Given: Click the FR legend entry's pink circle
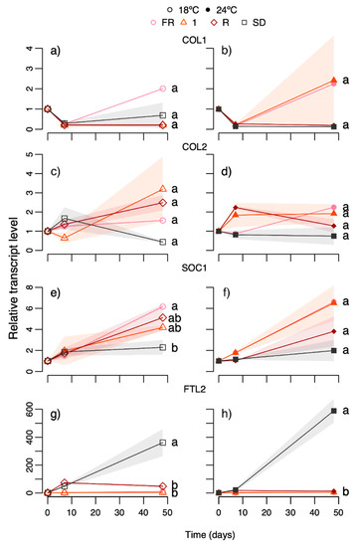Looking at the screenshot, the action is point(153,23).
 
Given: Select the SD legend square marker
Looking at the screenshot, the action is point(246,23).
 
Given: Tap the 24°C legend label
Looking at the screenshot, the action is point(227,10).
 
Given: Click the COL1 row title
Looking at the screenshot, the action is point(194,40).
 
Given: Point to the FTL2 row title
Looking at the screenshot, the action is point(194,389).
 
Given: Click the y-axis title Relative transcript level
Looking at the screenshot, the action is point(13,278).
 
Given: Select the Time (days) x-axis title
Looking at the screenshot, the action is point(210,534).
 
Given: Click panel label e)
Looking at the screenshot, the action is point(56,292).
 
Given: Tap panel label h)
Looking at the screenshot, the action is point(227,414).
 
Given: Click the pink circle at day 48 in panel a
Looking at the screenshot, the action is point(162,89).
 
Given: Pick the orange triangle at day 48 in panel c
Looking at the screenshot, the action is point(162,189).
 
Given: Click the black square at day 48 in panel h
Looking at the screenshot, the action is point(334,411).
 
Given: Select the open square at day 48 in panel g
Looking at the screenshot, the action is point(162,443).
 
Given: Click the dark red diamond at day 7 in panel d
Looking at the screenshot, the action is point(236,208).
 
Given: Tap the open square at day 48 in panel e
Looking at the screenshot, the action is point(162,347).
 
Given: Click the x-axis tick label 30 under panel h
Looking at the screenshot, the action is point(290,513).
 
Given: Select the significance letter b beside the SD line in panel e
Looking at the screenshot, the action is point(175,348).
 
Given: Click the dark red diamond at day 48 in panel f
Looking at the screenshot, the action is point(334,331).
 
